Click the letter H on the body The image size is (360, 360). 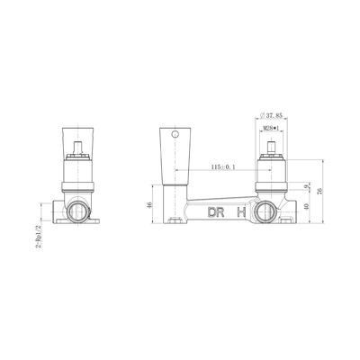coord(239,212)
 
